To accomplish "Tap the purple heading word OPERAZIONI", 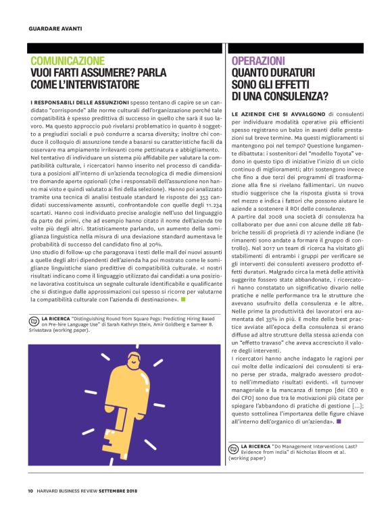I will [x=258, y=61].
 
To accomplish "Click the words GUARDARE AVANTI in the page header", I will [x=55, y=29].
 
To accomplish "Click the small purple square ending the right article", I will [x=339, y=422].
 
